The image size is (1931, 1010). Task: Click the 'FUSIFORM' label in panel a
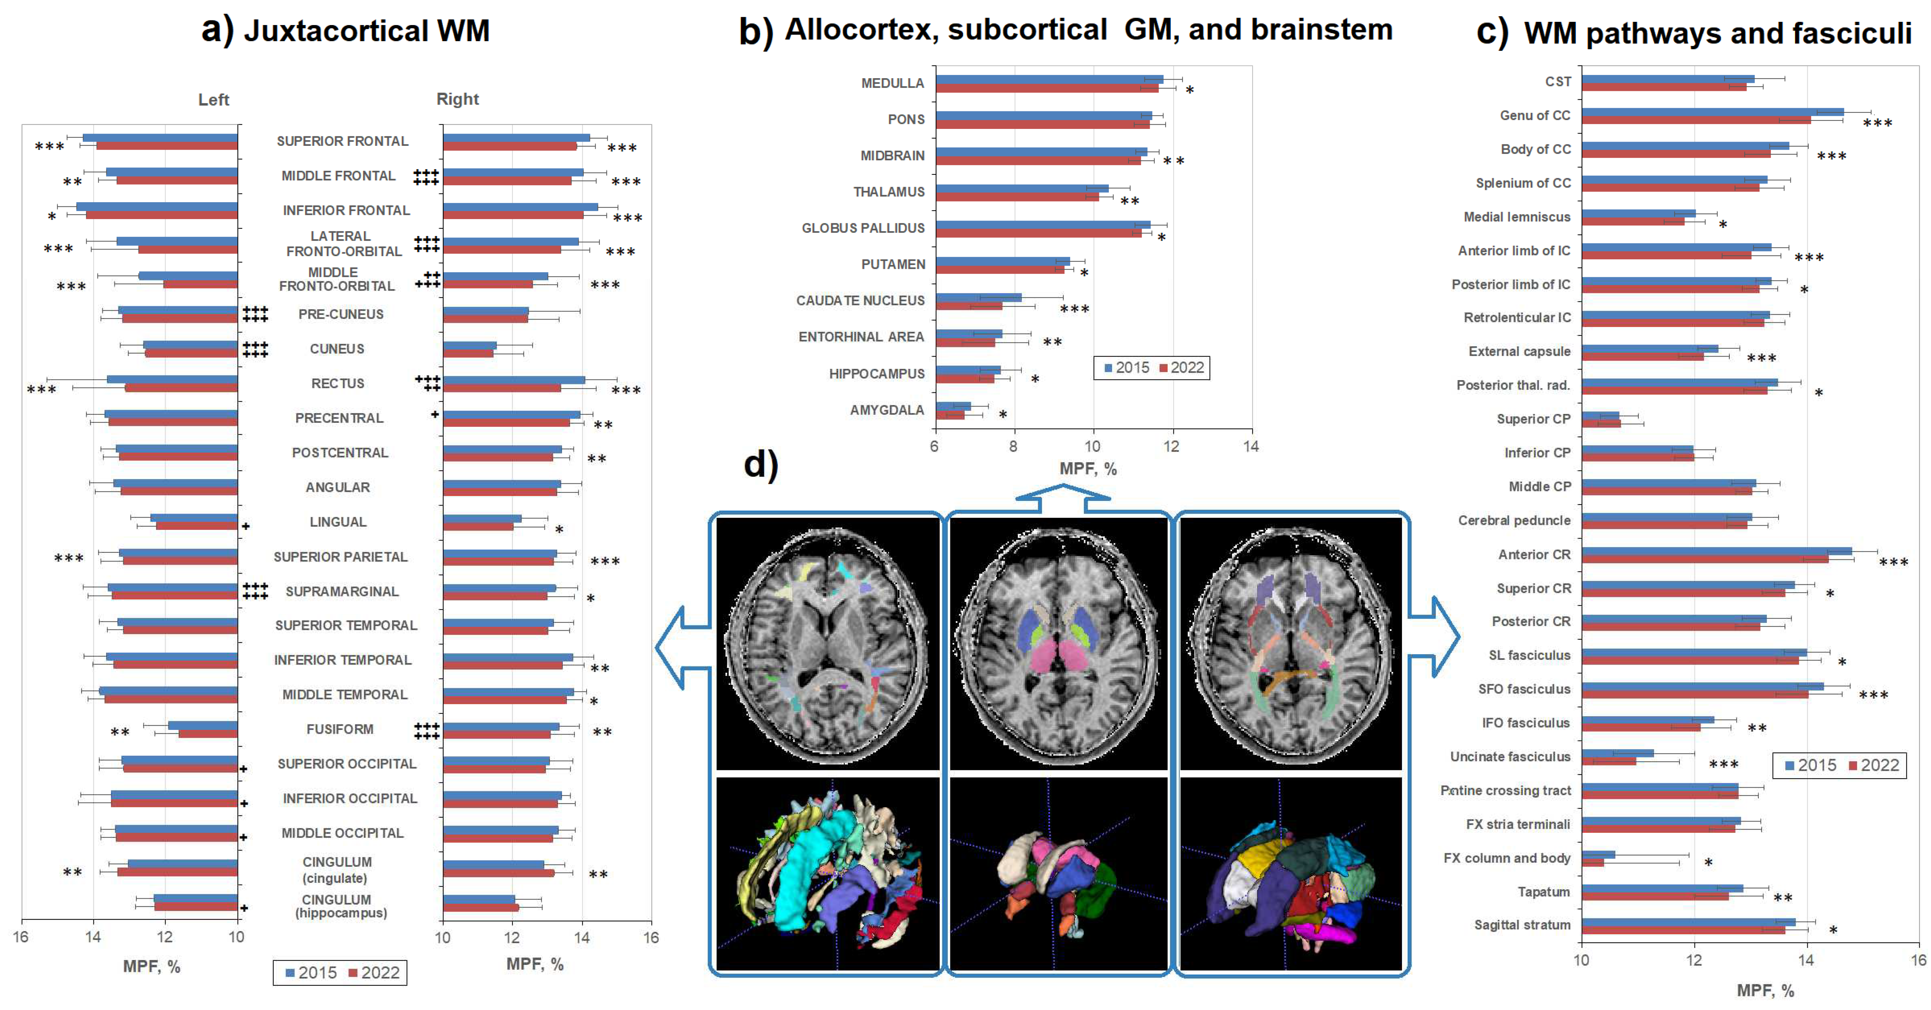(340, 729)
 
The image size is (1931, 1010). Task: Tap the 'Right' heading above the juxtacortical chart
(457, 99)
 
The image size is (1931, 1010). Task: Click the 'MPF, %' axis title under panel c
(1765, 991)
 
